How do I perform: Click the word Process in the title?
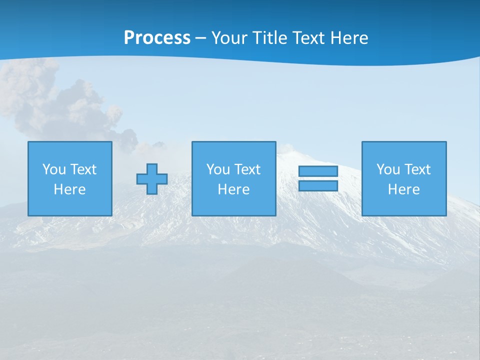(x=157, y=38)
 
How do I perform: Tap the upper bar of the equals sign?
(x=318, y=171)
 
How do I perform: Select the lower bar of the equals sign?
(x=318, y=186)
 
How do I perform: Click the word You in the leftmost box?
(x=54, y=169)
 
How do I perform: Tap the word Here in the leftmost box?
(x=70, y=189)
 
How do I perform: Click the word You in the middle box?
(x=218, y=169)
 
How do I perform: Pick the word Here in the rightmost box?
(x=404, y=189)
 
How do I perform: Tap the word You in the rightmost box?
(x=388, y=169)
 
